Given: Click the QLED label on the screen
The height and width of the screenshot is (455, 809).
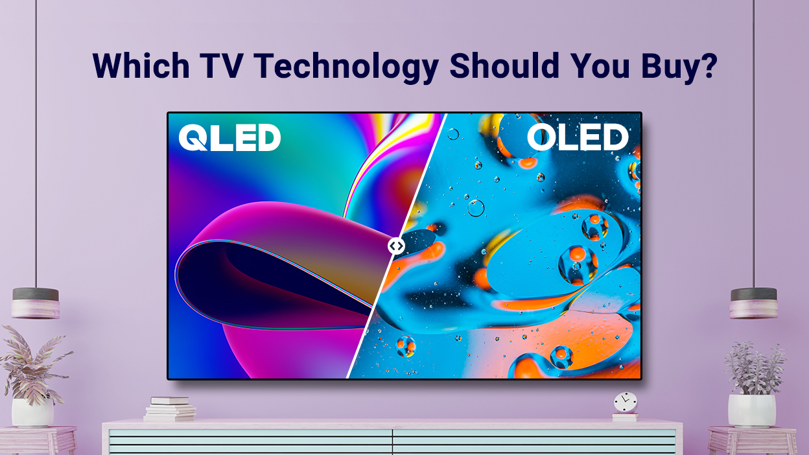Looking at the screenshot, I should coord(229,138).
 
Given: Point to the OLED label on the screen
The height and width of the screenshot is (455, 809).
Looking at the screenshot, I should coord(578,138).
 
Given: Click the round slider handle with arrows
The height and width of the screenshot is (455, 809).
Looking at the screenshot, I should coord(396,246).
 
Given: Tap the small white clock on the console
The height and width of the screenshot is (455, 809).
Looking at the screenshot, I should coord(626,402).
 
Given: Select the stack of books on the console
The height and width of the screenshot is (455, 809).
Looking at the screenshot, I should coord(170,409).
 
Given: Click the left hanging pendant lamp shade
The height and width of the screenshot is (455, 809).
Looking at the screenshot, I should coord(36,303).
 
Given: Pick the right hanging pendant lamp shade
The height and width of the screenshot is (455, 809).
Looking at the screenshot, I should coord(753,303).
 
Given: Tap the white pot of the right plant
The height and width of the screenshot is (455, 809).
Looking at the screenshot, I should coord(752,410).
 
